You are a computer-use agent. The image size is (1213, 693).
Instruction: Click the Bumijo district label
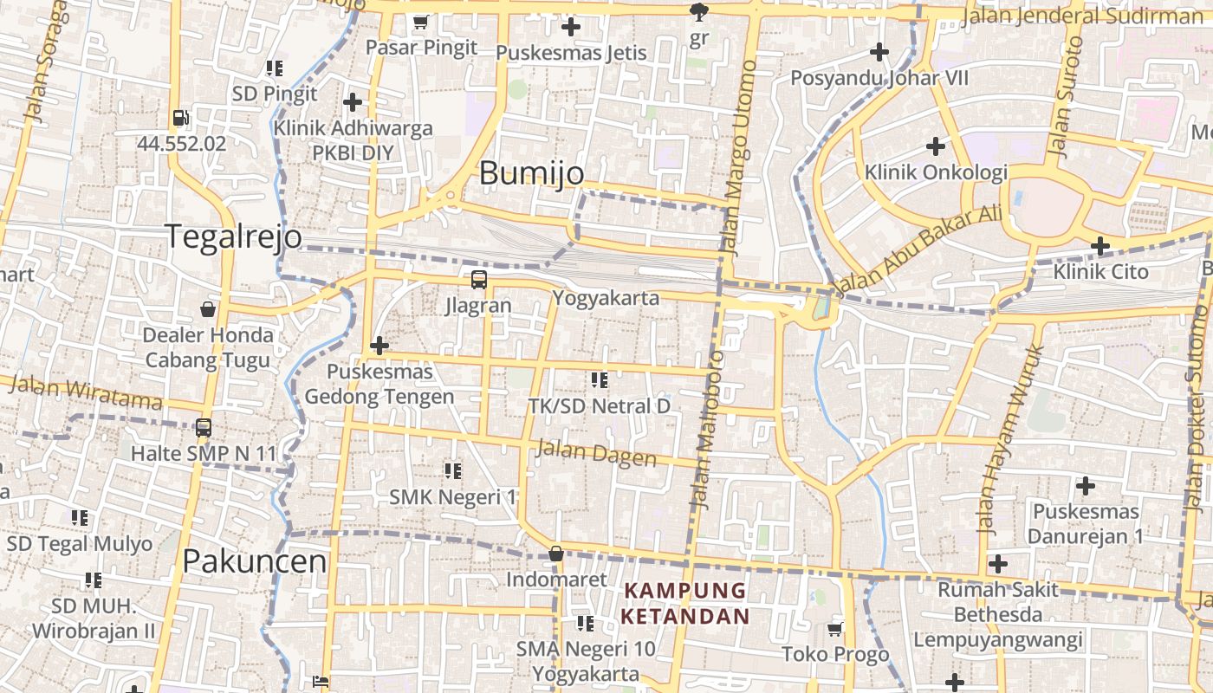pos(531,173)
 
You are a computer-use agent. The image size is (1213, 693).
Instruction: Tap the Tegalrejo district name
pos(234,236)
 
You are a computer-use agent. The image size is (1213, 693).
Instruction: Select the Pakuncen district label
pos(255,561)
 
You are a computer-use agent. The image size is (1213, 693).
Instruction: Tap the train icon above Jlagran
pos(478,280)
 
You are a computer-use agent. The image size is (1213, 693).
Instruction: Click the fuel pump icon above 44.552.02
pos(180,118)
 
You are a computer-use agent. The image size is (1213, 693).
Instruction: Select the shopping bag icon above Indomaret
pos(556,554)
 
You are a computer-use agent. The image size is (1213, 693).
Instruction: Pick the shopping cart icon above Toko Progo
pos(835,629)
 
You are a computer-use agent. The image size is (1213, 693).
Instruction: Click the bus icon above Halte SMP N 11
pos(204,427)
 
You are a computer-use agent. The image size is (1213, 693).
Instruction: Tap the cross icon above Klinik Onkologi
pos(935,146)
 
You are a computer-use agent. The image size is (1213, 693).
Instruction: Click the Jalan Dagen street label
pos(596,452)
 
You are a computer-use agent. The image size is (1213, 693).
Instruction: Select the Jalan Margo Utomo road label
pos(738,156)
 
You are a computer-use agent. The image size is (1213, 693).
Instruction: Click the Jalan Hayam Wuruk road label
pos(1010,438)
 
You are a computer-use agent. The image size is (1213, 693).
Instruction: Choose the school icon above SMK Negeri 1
pos(452,471)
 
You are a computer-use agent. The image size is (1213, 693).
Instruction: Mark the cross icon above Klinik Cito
pos(1100,246)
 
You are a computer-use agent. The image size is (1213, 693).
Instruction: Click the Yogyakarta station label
pos(606,299)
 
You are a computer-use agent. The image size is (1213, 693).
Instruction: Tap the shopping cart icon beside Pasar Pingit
pos(421,22)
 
